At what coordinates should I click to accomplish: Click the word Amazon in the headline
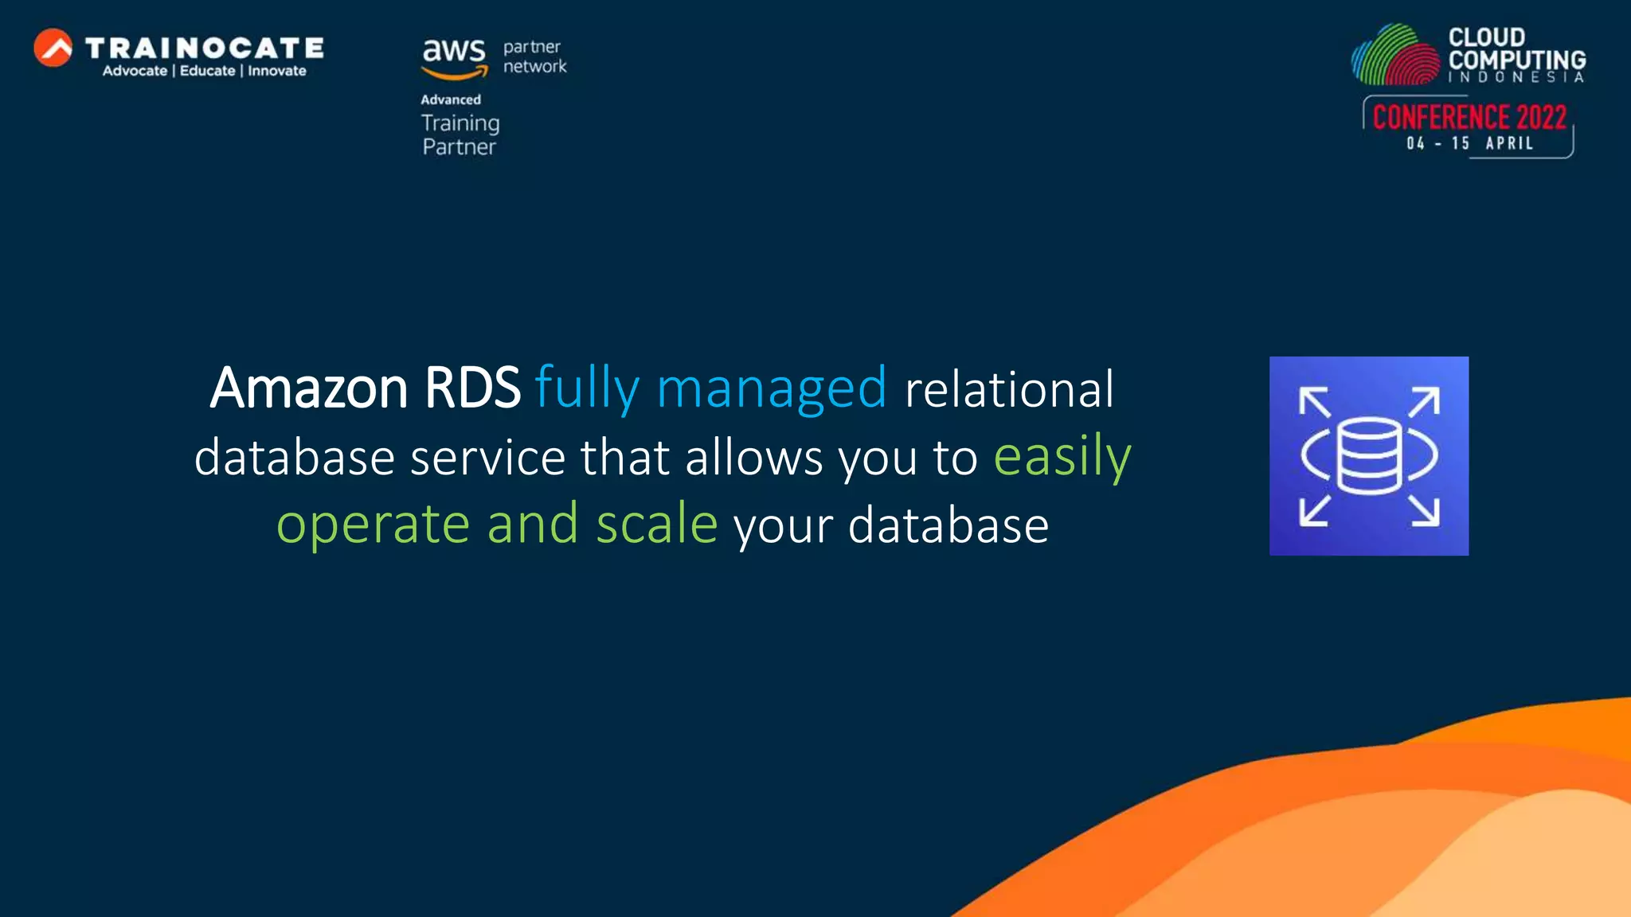[x=309, y=388]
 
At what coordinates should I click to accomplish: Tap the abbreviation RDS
[x=471, y=388]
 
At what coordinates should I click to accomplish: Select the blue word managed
[x=771, y=388]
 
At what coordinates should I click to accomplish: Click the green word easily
[x=1062, y=457]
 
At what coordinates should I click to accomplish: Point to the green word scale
[x=656, y=525]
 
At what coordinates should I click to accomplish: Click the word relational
[x=1008, y=388]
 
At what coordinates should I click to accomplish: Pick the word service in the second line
[x=487, y=458]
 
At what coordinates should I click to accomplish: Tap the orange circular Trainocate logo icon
[x=53, y=48]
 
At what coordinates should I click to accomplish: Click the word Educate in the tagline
[x=207, y=71]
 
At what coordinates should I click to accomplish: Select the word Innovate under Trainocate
[x=276, y=71]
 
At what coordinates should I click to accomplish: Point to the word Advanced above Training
[x=451, y=100]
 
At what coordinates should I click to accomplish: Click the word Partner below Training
[x=459, y=147]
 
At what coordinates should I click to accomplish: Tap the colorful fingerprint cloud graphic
[x=1396, y=56]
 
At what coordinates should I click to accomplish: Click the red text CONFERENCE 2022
[x=1469, y=117]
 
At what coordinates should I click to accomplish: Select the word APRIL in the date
[x=1509, y=143]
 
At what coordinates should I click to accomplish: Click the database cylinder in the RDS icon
[x=1369, y=456]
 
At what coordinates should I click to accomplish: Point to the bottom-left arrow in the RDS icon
[x=1314, y=510]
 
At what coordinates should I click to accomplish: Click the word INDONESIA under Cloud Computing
[x=1516, y=77]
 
